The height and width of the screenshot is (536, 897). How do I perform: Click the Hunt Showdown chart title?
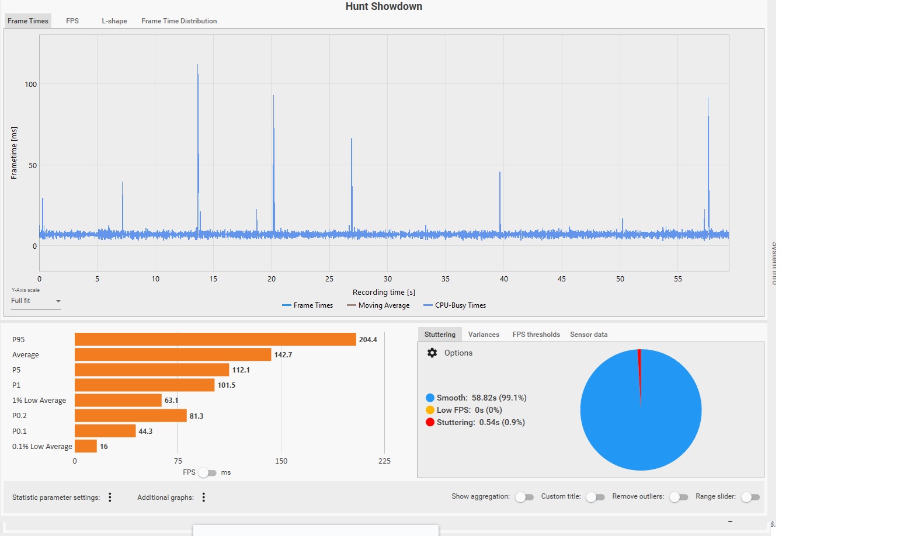(x=384, y=6)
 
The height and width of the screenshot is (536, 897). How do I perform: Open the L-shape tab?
(x=114, y=21)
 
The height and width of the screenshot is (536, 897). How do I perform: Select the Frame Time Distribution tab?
(x=179, y=21)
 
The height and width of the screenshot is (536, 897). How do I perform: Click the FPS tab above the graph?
(x=72, y=21)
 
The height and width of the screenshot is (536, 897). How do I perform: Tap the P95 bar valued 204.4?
(x=215, y=339)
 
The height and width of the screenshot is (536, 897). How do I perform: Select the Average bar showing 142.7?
(x=173, y=354)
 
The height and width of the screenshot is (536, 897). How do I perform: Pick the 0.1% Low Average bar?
(x=85, y=446)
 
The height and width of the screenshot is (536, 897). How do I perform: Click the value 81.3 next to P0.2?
(x=196, y=416)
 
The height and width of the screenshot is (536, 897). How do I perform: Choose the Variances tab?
(x=484, y=335)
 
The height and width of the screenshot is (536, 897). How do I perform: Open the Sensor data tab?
(x=589, y=335)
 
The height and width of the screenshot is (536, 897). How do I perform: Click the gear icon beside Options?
(x=432, y=353)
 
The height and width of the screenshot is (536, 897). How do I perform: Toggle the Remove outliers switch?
(x=679, y=497)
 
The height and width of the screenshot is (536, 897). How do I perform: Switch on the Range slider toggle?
(x=750, y=497)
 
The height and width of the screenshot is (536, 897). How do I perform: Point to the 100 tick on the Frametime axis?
(x=30, y=84)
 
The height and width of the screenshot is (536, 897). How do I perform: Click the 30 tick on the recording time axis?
(x=388, y=279)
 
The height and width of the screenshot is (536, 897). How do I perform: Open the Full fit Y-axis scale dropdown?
(x=36, y=301)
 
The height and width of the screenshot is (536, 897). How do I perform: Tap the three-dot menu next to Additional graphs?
(x=204, y=497)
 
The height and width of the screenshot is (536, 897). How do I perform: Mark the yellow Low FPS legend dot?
(x=430, y=410)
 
